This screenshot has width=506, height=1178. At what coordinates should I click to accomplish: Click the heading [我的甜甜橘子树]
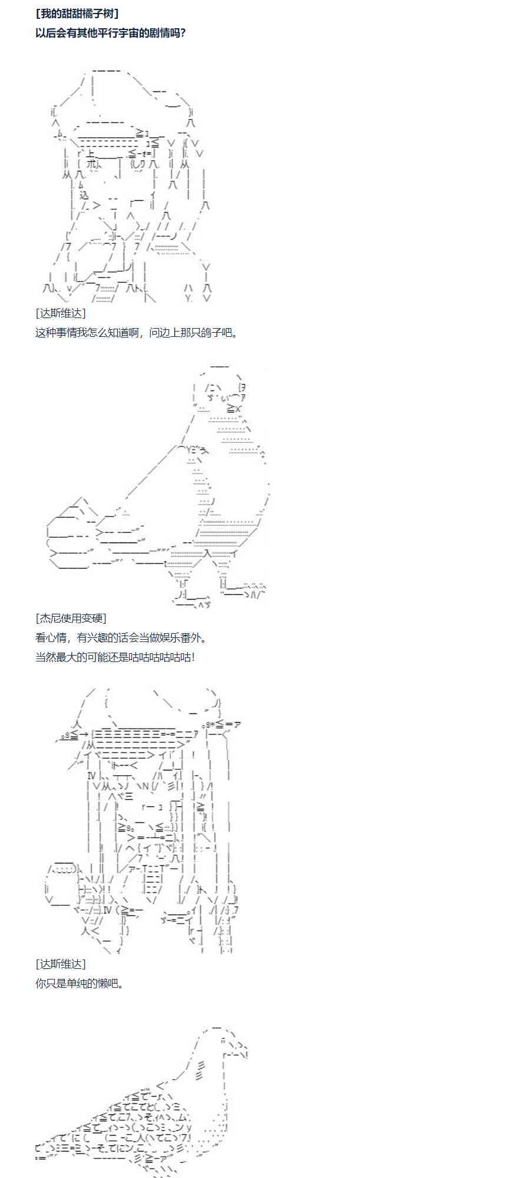[x=77, y=13]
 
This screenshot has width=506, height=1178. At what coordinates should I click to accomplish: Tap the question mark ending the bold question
[x=183, y=33]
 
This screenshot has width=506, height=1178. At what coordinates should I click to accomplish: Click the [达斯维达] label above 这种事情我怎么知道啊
[x=61, y=313]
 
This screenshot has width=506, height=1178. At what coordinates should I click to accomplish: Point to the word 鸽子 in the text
[x=213, y=333]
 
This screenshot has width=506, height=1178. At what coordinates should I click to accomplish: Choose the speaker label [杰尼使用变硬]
[x=71, y=618]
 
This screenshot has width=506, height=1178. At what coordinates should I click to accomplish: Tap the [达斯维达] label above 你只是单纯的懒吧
[x=61, y=964]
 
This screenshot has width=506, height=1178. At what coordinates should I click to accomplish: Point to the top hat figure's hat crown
[x=135, y=94]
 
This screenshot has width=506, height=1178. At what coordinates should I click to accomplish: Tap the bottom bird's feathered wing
[x=135, y=1119]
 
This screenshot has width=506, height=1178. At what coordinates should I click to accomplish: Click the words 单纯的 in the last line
[x=75, y=984]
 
